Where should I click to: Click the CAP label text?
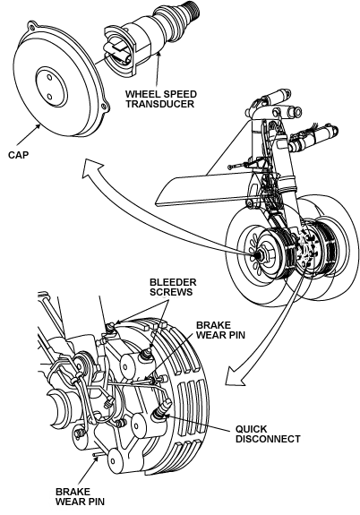(19, 155)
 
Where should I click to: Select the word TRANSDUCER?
(160, 104)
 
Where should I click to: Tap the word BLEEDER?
(173, 282)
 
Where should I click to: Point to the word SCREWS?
(171, 292)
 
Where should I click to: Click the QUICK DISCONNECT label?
(268, 433)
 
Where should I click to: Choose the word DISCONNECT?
(268, 439)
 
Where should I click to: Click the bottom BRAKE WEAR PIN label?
(80, 496)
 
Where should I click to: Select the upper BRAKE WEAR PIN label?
(220, 330)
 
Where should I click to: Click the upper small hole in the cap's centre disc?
(49, 78)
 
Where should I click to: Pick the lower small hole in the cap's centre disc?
(49, 97)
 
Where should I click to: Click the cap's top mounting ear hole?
(31, 25)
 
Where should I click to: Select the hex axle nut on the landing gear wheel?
(264, 255)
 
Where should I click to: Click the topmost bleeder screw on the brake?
(111, 327)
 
